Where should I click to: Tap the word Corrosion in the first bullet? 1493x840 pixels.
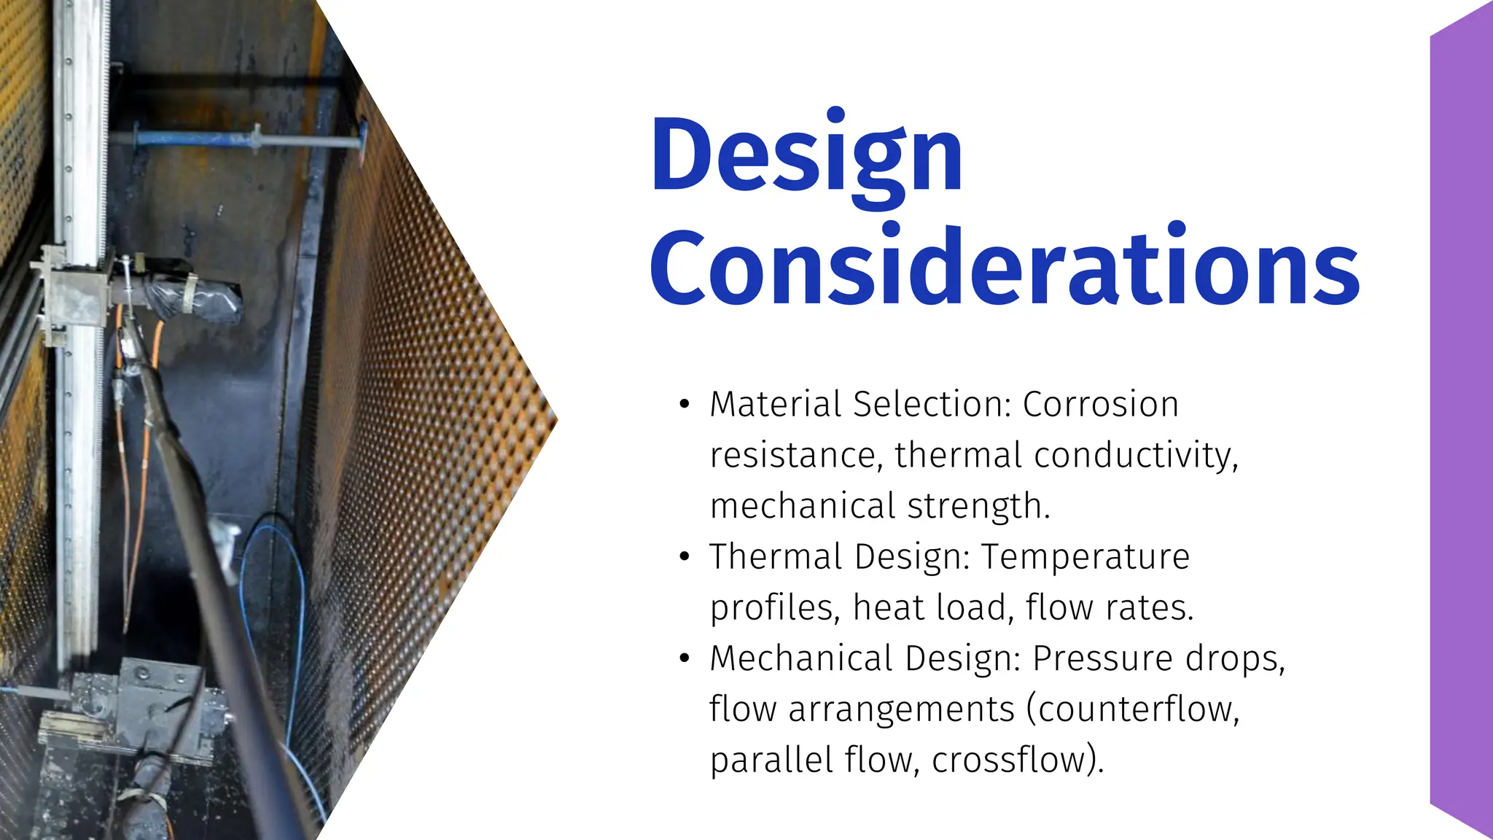[1100, 404]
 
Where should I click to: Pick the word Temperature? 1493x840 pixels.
[1085, 557]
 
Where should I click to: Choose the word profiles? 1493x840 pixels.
[772, 608]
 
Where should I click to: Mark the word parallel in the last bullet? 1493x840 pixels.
[771, 760]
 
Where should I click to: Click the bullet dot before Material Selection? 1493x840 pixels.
[684, 405]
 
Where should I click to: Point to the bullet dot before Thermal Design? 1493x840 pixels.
[684, 557]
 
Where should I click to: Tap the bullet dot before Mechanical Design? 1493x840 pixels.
[684, 658]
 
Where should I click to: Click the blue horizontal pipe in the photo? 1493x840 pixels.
[241, 139]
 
